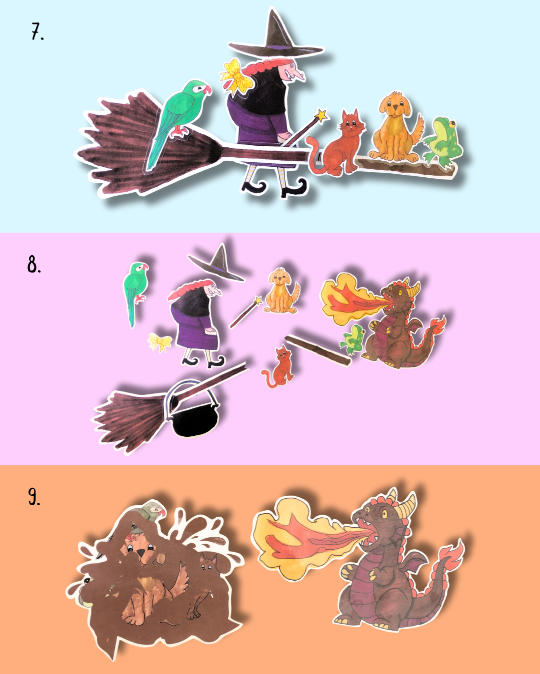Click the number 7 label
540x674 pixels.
coord(37,31)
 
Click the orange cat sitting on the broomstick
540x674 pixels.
coord(337,144)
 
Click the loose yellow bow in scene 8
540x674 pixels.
coord(159,341)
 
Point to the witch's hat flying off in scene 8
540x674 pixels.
coord(217,263)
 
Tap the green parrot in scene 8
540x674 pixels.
coord(135,293)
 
